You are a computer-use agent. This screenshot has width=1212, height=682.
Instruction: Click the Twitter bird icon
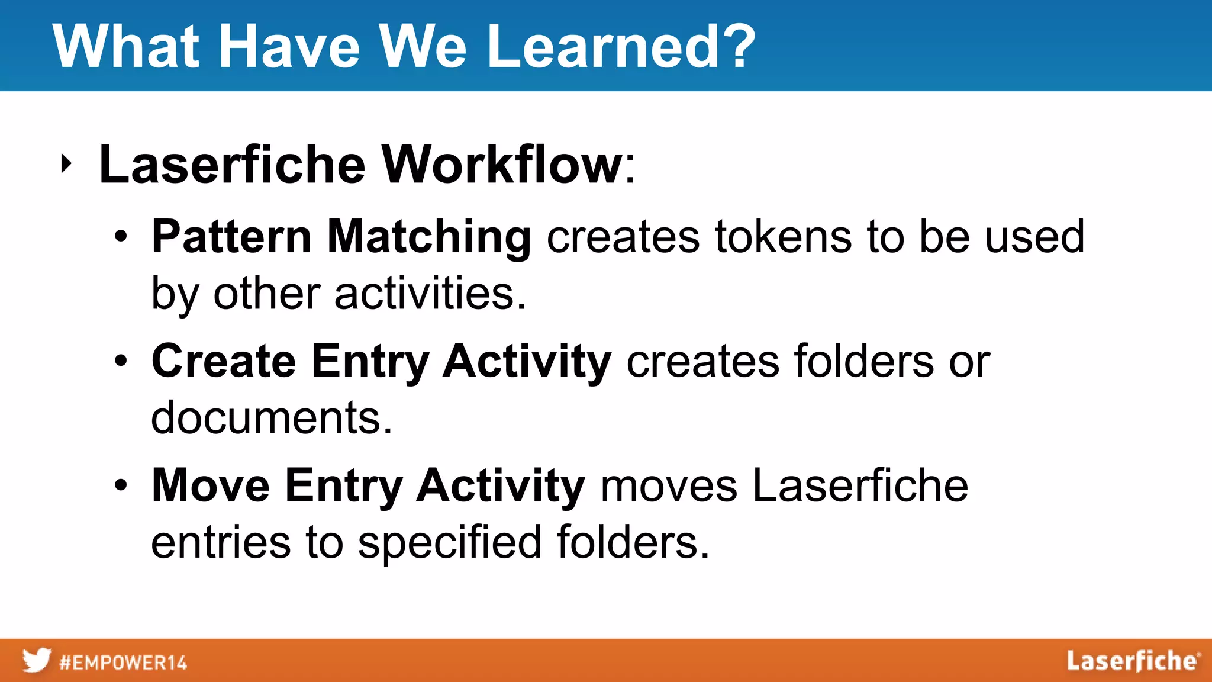pyautogui.click(x=37, y=661)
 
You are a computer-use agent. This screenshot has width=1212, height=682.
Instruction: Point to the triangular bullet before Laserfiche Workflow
pyautogui.click(x=66, y=164)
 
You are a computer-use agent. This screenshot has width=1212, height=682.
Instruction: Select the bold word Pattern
pyautogui.click(x=231, y=237)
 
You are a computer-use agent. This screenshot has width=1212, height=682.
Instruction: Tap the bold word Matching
pyautogui.click(x=429, y=237)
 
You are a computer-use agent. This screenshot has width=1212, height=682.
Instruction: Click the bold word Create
pyautogui.click(x=224, y=361)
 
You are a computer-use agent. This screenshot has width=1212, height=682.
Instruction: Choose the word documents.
pyautogui.click(x=272, y=418)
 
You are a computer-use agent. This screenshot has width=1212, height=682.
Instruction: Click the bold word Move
pyautogui.click(x=211, y=485)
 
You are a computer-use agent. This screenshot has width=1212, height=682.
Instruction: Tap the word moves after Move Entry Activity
pyautogui.click(x=668, y=485)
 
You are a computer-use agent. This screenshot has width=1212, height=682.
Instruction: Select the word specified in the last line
pyautogui.click(x=450, y=542)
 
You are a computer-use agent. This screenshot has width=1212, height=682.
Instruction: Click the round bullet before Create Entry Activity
pyautogui.click(x=121, y=361)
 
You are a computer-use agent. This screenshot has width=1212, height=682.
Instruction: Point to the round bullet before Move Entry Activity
pyautogui.click(x=121, y=485)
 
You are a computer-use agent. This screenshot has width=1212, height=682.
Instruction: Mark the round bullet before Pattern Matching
pyautogui.click(x=121, y=237)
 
